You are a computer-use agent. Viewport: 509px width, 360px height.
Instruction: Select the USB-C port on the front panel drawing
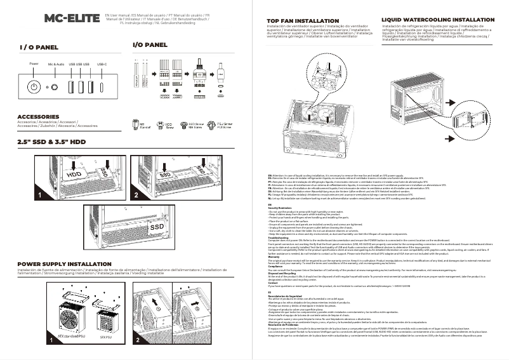[x=101, y=86]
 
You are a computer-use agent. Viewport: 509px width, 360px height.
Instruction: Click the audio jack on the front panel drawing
[x=56, y=86]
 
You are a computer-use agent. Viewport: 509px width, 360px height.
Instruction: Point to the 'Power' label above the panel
[x=34, y=64]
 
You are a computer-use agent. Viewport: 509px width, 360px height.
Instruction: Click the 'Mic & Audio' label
[x=56, y=64]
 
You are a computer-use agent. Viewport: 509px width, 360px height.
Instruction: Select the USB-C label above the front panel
[x=102, y=64]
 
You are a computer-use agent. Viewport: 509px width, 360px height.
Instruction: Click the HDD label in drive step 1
[x=74, y=173]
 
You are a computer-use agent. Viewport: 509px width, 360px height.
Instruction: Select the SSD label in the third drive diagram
[x=156, y=226]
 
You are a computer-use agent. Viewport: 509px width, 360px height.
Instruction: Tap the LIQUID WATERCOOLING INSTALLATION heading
[x=437, y=20]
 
